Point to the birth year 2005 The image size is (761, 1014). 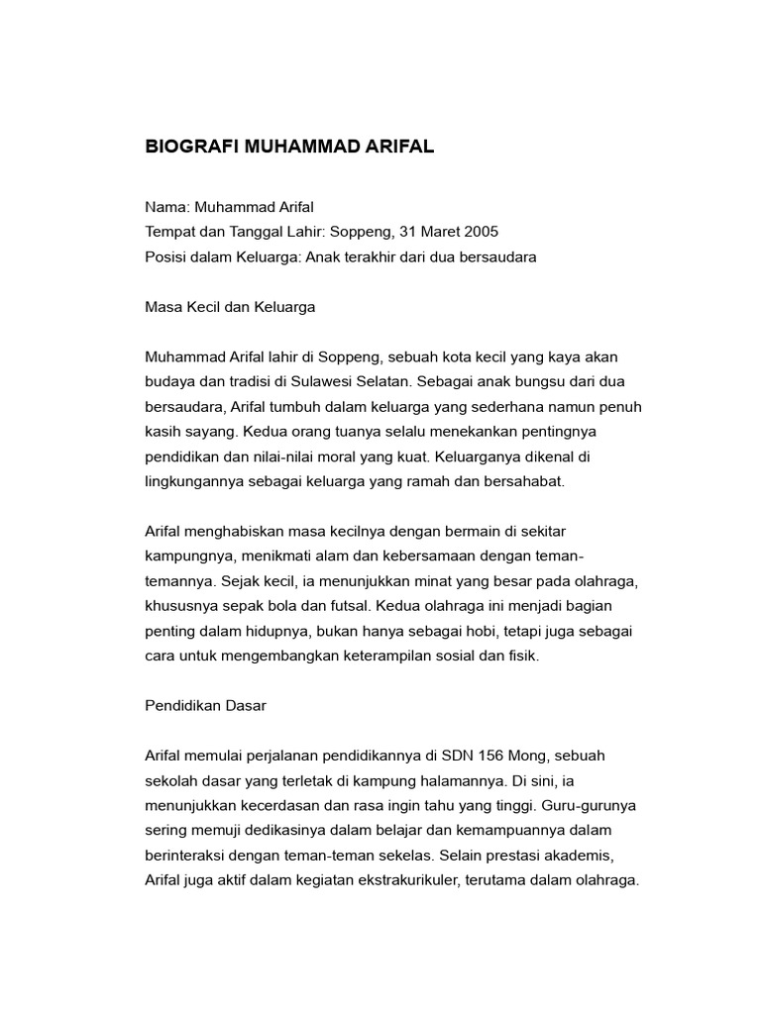[x=481, y=232]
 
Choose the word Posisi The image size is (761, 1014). [x=166, y=256]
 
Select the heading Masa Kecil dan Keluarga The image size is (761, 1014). [x=230, y=307]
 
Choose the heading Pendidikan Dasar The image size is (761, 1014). [x=206, y=707]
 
